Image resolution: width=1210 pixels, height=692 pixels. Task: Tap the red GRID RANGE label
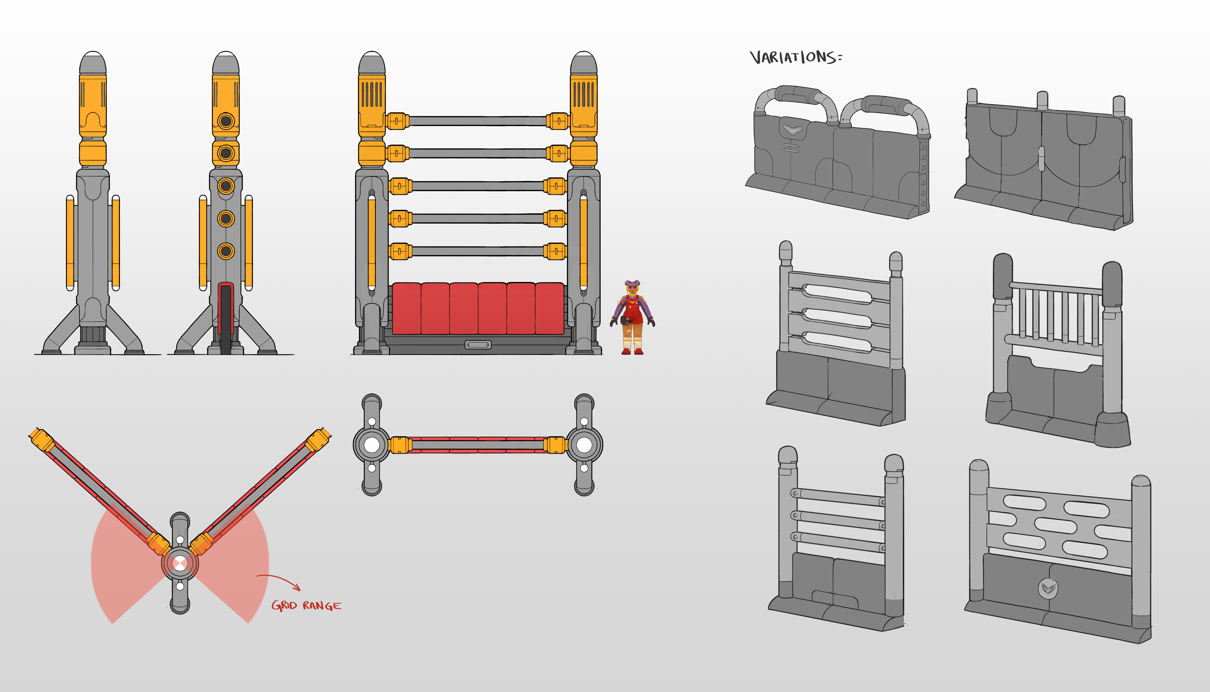306,606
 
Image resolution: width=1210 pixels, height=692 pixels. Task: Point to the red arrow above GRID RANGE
281,581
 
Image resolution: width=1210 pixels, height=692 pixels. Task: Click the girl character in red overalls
632,318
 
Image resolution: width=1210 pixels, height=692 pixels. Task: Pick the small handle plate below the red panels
478,345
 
